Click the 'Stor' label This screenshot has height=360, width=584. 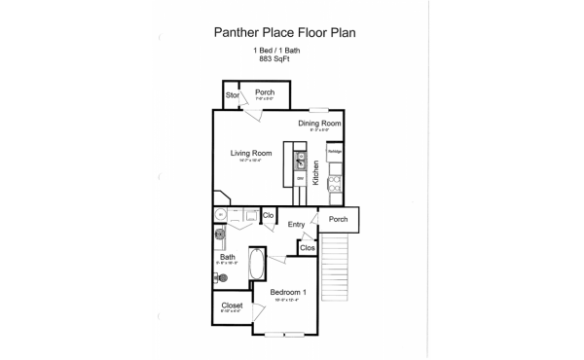click(x=232, y=95)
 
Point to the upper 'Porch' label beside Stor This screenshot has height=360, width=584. click(x=264, y=93)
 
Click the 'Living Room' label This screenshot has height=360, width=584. click(x=250, y=153)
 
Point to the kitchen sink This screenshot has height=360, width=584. click(x=302, y=159)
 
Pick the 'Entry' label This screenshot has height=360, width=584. click(x=296, y=225)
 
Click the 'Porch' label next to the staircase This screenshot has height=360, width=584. click(x=338, y=219)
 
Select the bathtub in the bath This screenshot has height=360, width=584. click(x=257, y=265)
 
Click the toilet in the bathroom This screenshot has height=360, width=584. click(x=222, y=278)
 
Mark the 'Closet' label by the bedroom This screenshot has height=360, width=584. click(x=232, y=306)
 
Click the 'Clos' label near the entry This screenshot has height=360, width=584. click(x=307, y=248)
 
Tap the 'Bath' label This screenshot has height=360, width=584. click(x=228, y=257)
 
